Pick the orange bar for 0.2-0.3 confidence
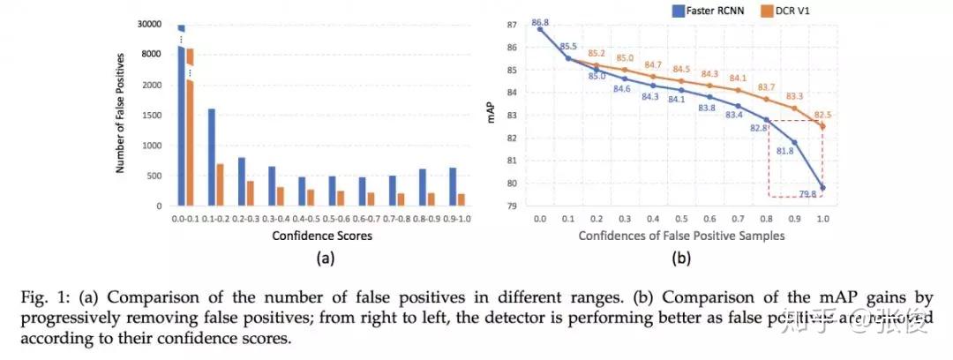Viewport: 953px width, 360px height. (x=250, y=193)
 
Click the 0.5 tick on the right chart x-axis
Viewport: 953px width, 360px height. (x=681, y=218)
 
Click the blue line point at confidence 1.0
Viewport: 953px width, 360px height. (x=822, y=187)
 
